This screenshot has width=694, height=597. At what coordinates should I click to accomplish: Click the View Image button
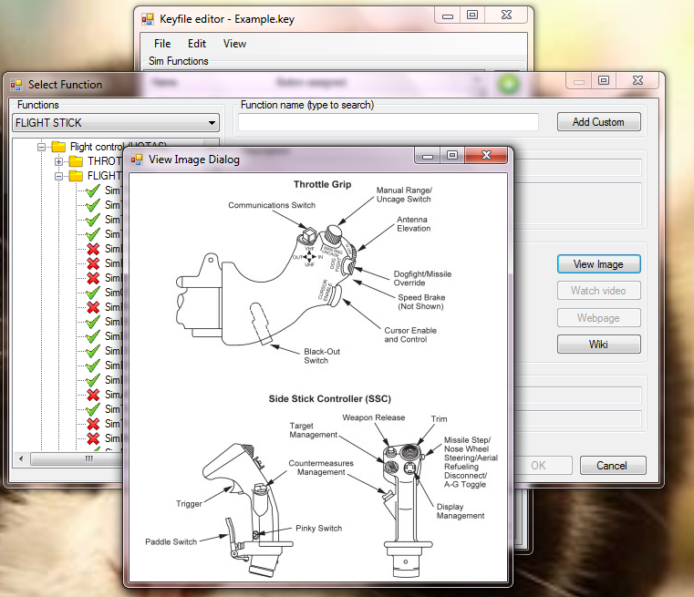coord(598,264)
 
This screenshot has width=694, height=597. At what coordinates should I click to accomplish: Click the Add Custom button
coord(598,122)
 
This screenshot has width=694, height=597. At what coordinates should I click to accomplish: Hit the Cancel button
coord(612,466)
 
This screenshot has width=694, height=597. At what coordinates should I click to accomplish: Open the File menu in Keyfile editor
coord(162,44)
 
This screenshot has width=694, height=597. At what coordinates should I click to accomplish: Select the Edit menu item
coord(197,44)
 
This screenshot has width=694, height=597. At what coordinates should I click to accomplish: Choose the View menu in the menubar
coord(234,44)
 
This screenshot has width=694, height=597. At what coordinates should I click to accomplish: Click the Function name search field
coord(388,122)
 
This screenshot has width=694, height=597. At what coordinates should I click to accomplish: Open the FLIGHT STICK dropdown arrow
coord(212,123)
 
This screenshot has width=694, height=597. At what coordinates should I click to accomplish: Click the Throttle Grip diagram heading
coord(322,184)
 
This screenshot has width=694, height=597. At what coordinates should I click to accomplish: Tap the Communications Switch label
coord(272,205)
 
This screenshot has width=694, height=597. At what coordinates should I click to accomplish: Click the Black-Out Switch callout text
coord(316,355)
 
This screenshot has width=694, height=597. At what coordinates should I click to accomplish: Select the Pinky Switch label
coord(318,528)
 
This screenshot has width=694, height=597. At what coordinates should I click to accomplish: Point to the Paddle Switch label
coord(171,541)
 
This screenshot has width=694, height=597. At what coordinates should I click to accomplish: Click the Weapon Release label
coord(373,417)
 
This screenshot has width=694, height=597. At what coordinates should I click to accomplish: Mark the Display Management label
coord(461,511)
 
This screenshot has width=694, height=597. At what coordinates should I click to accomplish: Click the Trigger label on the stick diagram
coord(189,503)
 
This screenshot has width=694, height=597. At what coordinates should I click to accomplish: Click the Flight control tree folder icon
coord(58,147)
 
